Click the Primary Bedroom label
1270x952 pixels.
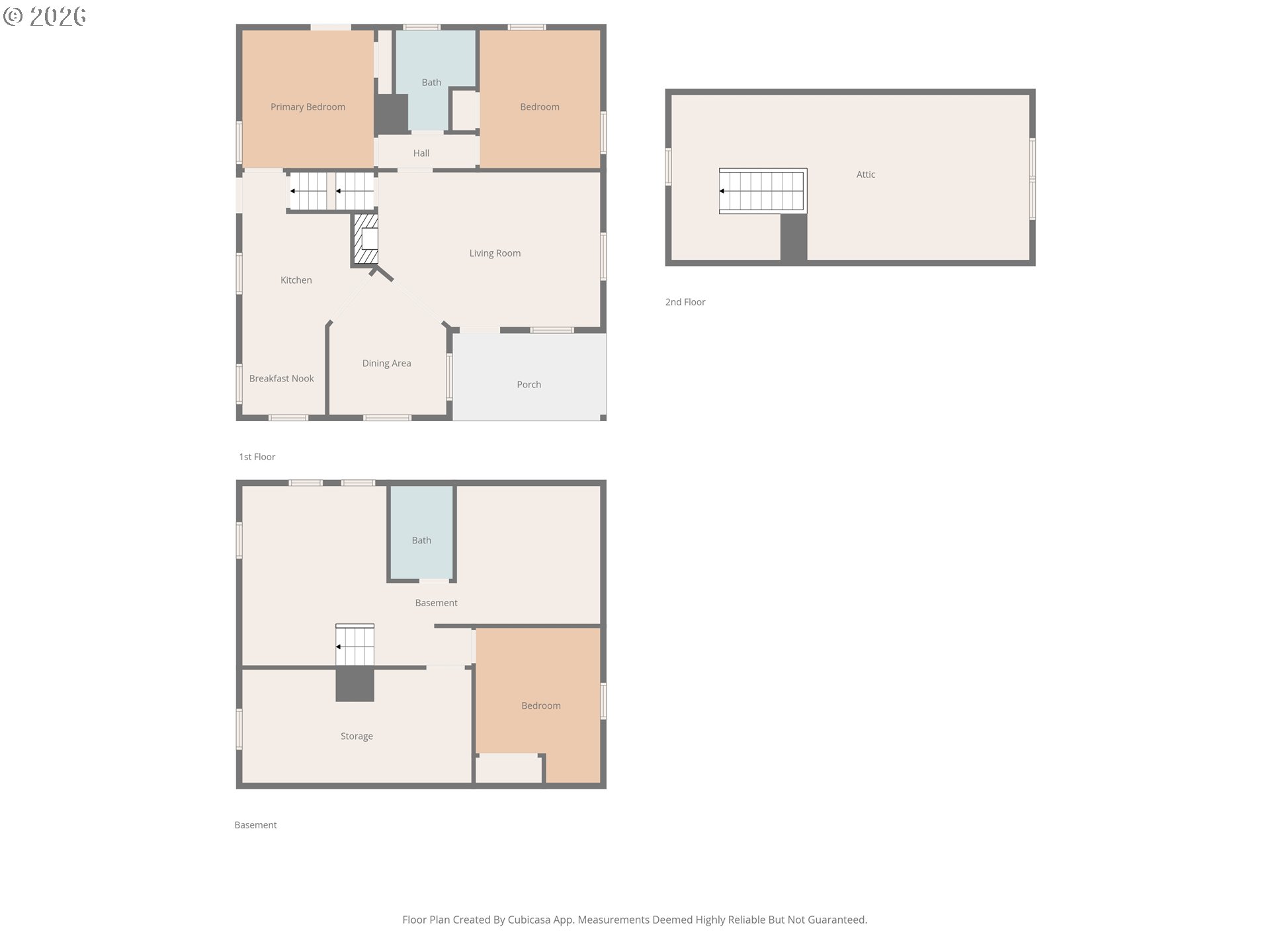tap(308, 107)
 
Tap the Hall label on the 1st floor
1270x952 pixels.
tap(421, 153)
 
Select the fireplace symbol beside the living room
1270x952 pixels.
tap(366, 239)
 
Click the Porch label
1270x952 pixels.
tap(529, 385)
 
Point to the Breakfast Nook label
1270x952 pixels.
tap(282, 379)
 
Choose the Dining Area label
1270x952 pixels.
tap(387, 364)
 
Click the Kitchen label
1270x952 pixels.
tap(296, 280)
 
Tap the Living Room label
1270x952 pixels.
tap(495, 253)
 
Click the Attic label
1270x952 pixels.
tap(866, 175)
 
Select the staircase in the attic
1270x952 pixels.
tap(763, 191)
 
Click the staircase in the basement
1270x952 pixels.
tap(355, 645)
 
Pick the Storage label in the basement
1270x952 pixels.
tap(357, 736)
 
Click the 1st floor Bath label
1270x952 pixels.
tap(431, 83)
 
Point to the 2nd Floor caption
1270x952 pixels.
tap(685, 302)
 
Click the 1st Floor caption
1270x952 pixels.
tap(257, 457)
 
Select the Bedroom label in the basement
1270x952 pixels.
tap(541, 706)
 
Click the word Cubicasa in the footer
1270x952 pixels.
tap(529, 920)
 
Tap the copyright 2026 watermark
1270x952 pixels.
tap(45, 17)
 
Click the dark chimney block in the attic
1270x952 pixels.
tap(794, 237)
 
